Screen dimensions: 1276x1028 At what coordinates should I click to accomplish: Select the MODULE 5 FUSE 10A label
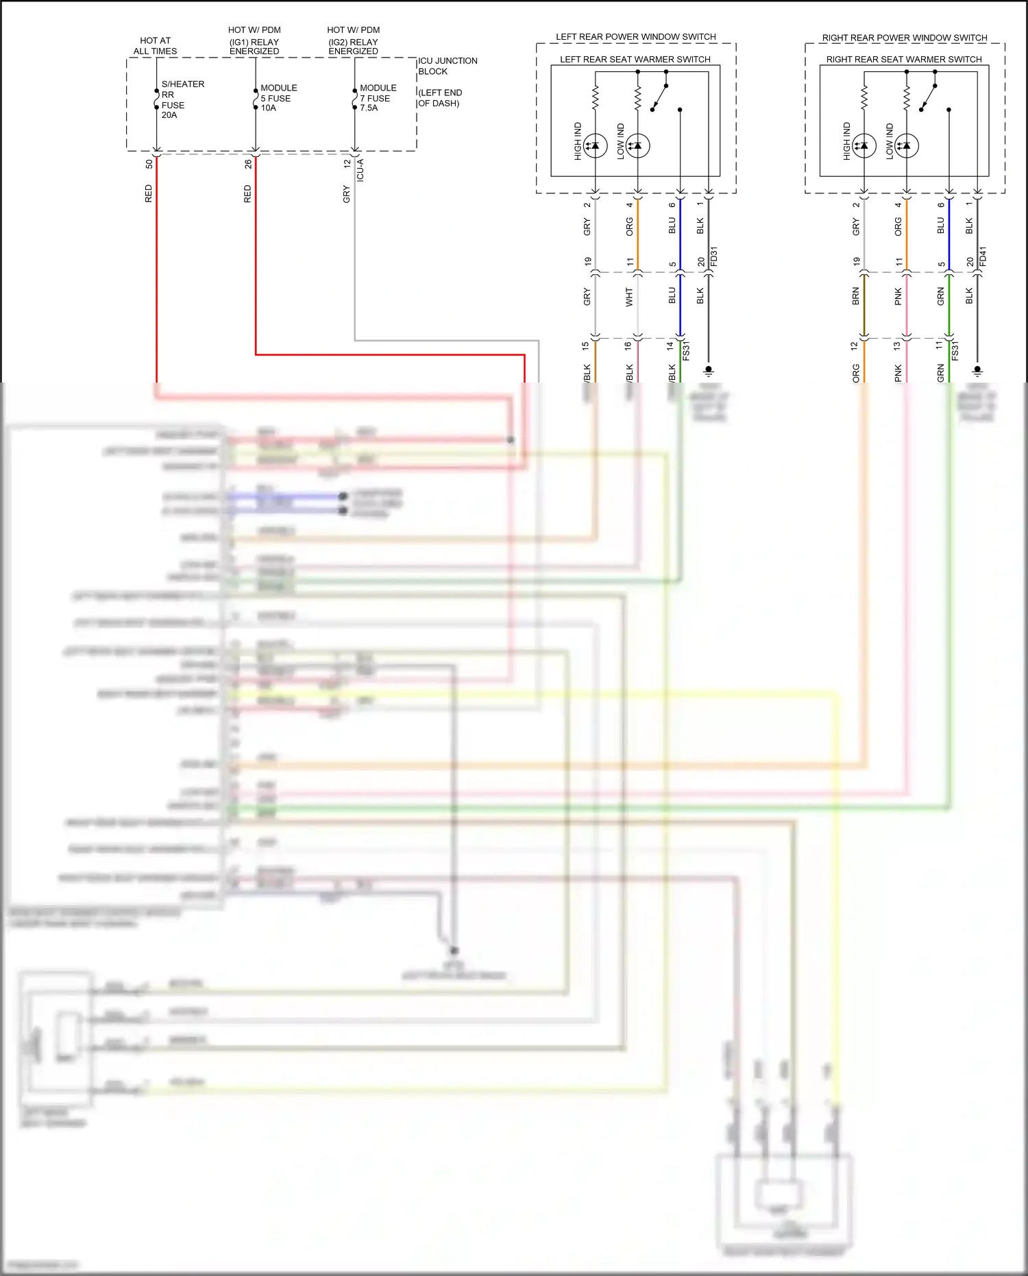[x=278, y=98]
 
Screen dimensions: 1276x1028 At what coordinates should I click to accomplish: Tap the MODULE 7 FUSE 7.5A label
[x=378, y=98]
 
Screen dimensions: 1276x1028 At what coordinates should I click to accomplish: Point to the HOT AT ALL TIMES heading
[x=155, y=46]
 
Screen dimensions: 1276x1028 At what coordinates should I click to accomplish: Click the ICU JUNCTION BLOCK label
[x=447, y=66]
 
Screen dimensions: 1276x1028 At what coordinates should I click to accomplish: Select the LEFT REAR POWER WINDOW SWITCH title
[x=635, y=37]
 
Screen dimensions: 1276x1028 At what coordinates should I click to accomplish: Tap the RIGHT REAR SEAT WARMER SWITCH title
[x=903, y=60]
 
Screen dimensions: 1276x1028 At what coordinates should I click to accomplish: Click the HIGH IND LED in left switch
[x=595, y=145]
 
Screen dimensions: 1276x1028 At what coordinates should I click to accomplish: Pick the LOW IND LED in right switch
[x=906, y=145]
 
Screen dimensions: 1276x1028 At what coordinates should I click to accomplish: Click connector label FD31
[x=714, y=256]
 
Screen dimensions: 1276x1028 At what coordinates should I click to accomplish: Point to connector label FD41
[x=983, y=256]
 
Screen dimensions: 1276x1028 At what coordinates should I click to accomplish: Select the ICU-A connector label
[x=360, y=169]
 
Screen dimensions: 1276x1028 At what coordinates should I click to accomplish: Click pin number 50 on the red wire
[x=149, y=165]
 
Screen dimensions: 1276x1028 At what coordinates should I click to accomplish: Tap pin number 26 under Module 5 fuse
[x=248, y=165]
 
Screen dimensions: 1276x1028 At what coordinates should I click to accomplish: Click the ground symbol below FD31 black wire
[x=709, y=371]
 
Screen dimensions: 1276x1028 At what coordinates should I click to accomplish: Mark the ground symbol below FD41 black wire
[x=977, y=371]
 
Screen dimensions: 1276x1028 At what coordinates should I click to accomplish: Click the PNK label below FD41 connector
[x=898, y=297]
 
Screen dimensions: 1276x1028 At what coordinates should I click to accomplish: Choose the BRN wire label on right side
[x=855, y=297]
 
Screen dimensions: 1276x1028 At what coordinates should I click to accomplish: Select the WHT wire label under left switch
[x=629, y=297]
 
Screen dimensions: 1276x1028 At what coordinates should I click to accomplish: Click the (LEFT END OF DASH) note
[x=439, y=98]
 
